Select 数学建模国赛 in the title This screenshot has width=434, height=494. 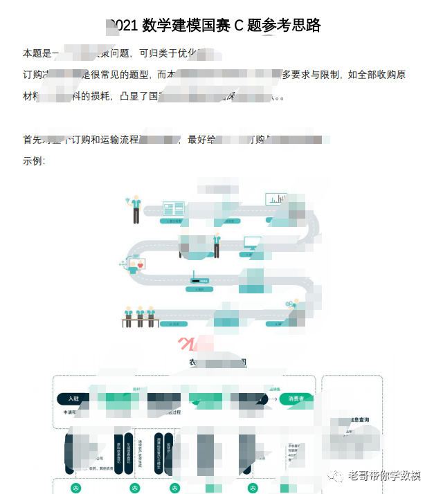(186, 26)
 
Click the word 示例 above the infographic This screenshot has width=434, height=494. (33, 161)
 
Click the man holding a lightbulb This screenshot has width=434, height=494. (135, 208)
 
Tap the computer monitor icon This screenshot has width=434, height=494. (252, 244)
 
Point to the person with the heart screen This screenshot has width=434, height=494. (136, 264)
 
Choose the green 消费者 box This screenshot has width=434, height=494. (296, 399)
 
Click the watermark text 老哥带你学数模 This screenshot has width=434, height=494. (384, 476)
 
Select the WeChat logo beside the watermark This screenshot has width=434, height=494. (337, 475)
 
